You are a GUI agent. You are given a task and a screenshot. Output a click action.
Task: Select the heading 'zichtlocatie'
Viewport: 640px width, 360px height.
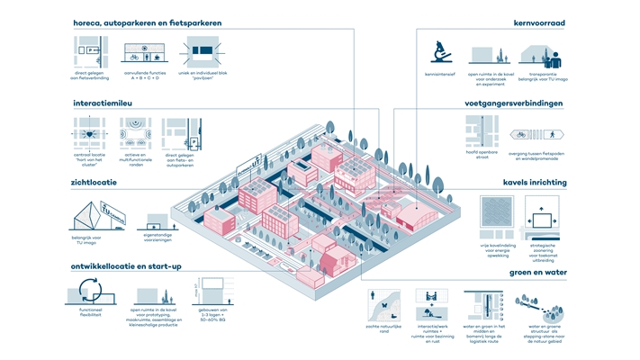95,183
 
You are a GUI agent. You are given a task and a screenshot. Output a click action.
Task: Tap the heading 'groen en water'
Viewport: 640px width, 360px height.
535,274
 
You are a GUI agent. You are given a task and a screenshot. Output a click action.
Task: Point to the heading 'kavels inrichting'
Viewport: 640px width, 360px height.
534,183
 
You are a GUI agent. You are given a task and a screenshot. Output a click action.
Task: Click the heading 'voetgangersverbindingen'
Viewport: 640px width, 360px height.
514,103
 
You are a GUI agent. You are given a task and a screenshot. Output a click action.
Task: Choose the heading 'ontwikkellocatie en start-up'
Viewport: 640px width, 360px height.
134,266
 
